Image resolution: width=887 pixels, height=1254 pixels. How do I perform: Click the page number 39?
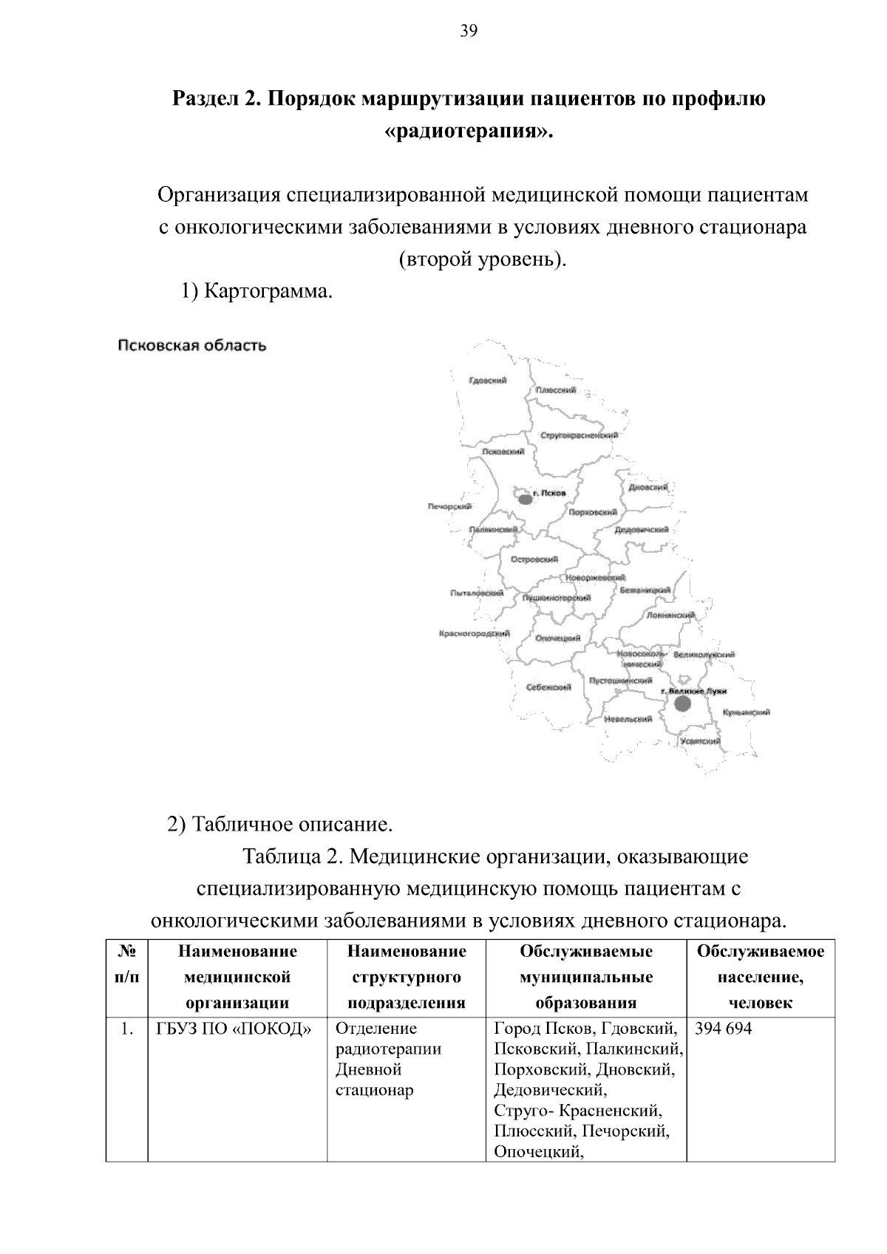469,31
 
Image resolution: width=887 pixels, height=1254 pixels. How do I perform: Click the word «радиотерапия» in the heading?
469,132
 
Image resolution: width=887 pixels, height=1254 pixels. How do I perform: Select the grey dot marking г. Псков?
525,500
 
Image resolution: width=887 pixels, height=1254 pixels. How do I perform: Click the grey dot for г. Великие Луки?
682,703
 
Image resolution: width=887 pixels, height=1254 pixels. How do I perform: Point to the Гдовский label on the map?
488,381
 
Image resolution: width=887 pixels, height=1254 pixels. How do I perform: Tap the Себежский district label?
548,687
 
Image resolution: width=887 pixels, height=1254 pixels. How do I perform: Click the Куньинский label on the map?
747,712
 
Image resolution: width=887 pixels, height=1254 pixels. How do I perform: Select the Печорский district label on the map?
449,506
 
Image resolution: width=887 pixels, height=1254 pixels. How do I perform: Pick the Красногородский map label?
474,634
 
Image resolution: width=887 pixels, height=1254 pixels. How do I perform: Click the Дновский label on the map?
648,488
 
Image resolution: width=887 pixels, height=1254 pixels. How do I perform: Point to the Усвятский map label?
700,741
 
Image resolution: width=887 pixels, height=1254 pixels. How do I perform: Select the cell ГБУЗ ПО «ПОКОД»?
233,1029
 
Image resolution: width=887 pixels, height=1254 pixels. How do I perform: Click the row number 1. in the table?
127,1029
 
